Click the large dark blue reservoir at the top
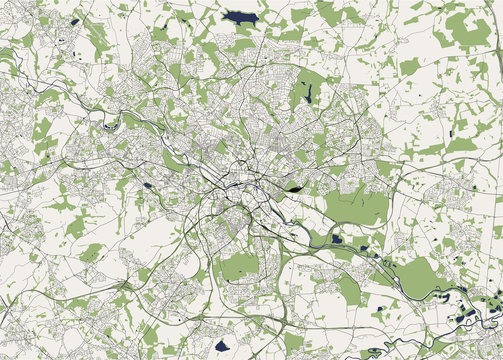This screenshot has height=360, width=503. point(239,17)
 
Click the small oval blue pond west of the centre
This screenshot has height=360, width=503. point(148,185)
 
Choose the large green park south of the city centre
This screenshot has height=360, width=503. point(240,267)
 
